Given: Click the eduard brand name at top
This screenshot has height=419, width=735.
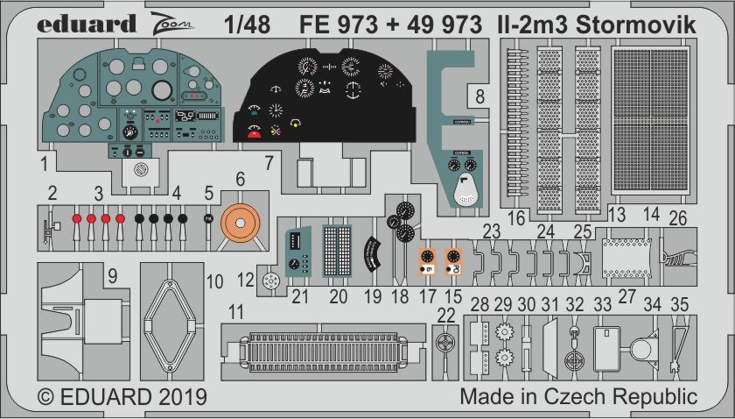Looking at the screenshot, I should (87, 24).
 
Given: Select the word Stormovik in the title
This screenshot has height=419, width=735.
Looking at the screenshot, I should (646, 25).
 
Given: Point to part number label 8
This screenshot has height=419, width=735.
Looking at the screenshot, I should (479, 96).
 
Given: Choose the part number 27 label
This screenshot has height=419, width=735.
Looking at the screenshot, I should (626, 295).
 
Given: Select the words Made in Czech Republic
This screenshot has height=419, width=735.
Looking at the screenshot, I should (578, 396).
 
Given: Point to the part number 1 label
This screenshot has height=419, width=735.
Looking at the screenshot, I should (43, 162).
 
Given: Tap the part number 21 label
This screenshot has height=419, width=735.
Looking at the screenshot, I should (300, 296).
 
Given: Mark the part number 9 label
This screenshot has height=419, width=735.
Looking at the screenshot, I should (112, 276).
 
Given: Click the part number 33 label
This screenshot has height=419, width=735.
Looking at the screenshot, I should (603, 305).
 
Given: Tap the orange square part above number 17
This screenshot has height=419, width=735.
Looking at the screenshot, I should (426, 258).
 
